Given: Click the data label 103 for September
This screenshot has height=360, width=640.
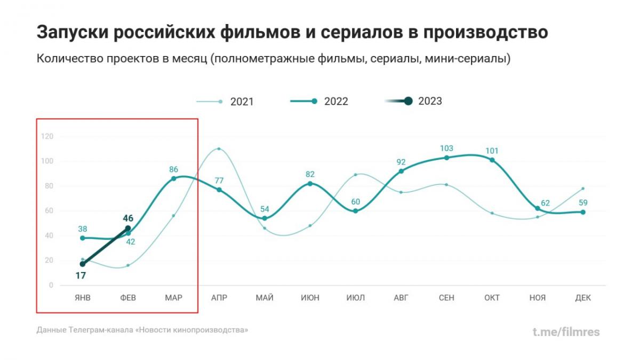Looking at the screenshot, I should pyautogui.click(x=446, y=148).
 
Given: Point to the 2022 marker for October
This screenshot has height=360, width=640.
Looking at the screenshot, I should pyautogui.click(x=492, y=160).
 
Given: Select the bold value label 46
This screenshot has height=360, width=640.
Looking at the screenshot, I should pyautogui.click(x=128, y=218).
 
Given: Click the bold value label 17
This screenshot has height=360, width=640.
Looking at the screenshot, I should pyautogui.click(x=81, y=276).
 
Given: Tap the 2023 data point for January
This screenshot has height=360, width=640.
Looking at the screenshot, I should pyautogui.click(x=83, y=264).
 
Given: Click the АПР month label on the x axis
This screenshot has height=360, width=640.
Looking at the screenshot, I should pyautogui.click(x=219, y=298).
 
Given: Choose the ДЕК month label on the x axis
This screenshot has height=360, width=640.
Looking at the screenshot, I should pyautogui.click(x=583, y=298).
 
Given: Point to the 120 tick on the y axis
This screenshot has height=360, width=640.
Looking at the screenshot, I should pyautogui.click(x=47, y=137).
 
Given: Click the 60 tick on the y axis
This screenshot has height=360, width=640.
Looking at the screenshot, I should pyautogui.click(x=50, y=211).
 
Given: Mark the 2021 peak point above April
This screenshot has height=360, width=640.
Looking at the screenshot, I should pyautogui.click(x=219, y=149).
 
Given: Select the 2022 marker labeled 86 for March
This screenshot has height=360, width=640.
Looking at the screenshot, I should pyautogui.click(x=173, y=179).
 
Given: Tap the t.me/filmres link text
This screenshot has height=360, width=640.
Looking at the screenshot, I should pyautogui.click(x=566, y=332).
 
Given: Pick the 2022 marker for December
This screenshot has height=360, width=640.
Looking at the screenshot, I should pyautogui.click(x=583, y=212).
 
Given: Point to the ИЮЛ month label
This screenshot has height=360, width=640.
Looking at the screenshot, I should pyautogui.click(x=356, y=298).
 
